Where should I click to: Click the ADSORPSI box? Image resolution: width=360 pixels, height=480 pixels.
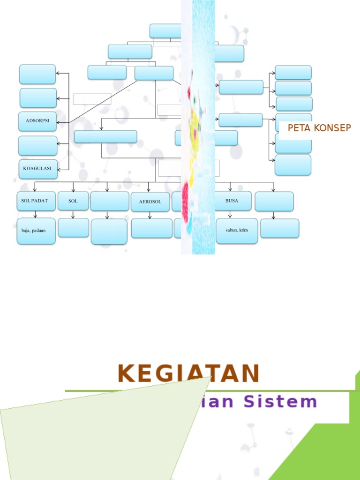click(x=37, y=121)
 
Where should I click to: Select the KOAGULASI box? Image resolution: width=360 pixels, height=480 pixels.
click(x=38, y=169)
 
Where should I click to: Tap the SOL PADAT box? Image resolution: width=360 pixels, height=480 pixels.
click(x=36, y=201)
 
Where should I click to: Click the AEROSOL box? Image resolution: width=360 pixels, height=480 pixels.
click(x=150, y=202)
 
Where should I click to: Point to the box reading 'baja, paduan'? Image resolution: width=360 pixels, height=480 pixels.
click(x=36, y=231)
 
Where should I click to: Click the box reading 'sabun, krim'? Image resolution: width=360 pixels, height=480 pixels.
click(x=237, y=231)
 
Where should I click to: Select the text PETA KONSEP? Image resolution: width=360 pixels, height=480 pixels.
click(x=319, y=128)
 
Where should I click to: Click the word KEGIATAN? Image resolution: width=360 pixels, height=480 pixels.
click(x=188, y=374)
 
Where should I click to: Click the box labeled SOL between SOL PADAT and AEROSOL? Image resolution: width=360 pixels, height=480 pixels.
click(x=73, y=201)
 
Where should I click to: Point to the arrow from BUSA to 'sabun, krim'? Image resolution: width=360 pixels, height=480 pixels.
click(x=230, y=214)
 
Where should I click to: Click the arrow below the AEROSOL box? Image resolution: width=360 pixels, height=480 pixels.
click(x=150, y=215)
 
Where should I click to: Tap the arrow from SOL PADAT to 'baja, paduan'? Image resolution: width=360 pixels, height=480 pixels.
click(x=35, y=214)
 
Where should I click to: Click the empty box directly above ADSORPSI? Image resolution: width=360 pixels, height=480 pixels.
click(x=38, y=98)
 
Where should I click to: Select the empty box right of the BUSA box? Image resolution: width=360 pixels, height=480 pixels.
click(x=274, y=201)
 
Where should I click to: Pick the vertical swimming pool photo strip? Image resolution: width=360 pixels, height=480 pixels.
click(x=198, y=127)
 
